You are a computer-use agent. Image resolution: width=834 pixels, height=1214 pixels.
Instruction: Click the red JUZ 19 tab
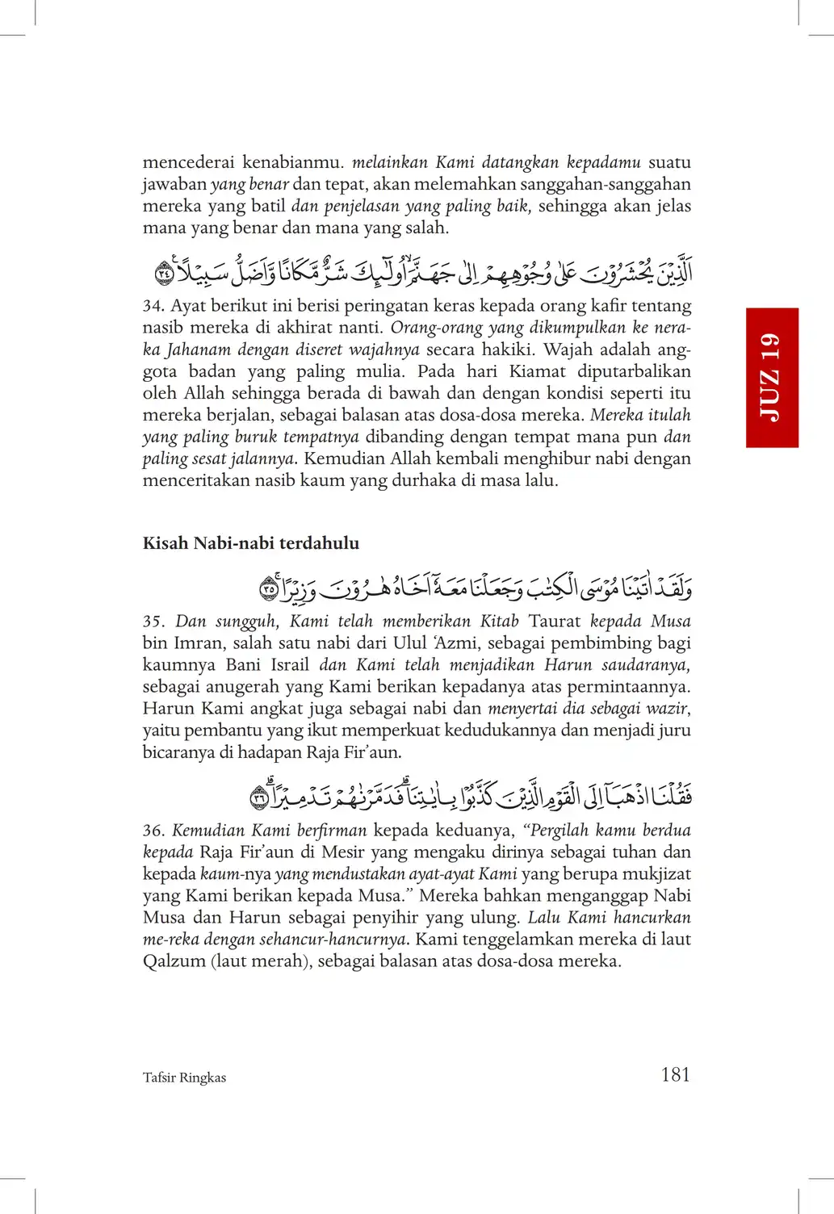click(x=772, y=377)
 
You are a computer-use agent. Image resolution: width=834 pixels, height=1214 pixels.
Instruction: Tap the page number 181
click(x=675, y=1074)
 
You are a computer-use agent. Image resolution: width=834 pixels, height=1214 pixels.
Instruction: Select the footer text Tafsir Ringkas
click(x=184, y=1078)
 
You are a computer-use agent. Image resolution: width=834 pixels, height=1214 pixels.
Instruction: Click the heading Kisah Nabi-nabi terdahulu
click(x=250, y=543)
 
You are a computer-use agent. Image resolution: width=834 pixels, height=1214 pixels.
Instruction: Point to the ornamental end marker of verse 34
click(x=164, y=274)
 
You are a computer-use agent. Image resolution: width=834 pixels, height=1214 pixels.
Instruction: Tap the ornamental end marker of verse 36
click(x=259, y=798)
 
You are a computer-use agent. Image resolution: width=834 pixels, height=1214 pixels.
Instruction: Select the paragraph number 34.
click(x=153, y=307)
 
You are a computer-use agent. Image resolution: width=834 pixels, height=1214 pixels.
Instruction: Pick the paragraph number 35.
click(x=153, y=622)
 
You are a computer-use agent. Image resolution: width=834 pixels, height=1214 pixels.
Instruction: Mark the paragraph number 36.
click(x=153, y=831)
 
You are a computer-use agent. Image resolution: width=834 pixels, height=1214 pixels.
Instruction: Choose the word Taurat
click(x=554, y=622)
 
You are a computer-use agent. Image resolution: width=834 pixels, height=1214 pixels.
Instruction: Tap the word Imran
click(x=198, y=643)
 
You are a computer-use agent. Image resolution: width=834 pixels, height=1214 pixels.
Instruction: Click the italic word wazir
click(x=667, y=709)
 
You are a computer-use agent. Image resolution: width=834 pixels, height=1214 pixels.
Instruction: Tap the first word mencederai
click(x=188, y=162)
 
